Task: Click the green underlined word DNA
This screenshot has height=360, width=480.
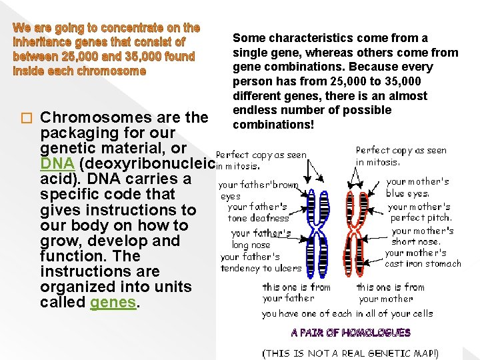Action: tap(57, 163)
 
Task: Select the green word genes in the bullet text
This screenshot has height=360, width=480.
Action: tap(114, 303)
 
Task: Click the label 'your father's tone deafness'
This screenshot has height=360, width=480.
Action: tap(258, 212)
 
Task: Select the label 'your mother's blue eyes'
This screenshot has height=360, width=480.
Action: tap(417, 187)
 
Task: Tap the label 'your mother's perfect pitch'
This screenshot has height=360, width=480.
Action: tap(420, 212)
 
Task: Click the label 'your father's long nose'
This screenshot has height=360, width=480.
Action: tap(261, 239)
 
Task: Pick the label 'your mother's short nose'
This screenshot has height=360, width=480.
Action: tap(423, 236)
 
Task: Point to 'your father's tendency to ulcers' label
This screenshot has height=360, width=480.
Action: tap(261, 262)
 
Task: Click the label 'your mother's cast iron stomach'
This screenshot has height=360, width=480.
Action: tap(423, 258)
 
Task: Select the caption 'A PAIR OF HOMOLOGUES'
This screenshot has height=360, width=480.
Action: tap(351, 332)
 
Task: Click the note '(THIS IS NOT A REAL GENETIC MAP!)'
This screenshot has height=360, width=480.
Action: tap(351, 353)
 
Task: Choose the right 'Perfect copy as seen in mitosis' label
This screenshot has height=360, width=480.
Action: tap(401, 155)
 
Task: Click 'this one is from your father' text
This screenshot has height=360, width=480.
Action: tap(296, 293)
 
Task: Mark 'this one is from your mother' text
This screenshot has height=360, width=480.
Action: tap(390, 293)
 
